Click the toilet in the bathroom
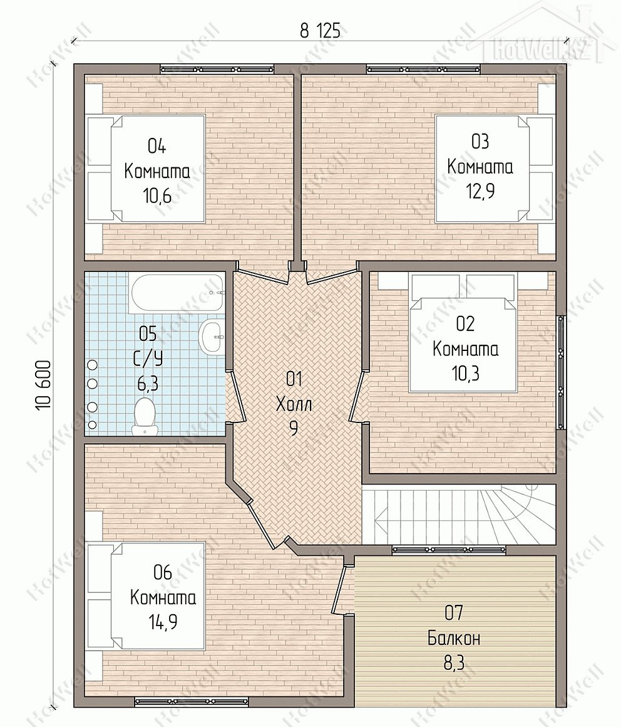click(x=144, y=416)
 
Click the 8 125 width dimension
click(x=320, y=31)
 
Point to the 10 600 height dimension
click(x=43, y=385)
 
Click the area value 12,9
click(x=480, y=191)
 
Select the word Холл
click(x=294, y=404)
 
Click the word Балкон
click(x=453, y=639)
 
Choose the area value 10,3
click(x=465, y=372)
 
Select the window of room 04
click(x=217, y=70)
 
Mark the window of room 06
click(x=192, y=701)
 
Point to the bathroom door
click(x=235, y=397)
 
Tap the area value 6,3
click(x=147, y=384)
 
